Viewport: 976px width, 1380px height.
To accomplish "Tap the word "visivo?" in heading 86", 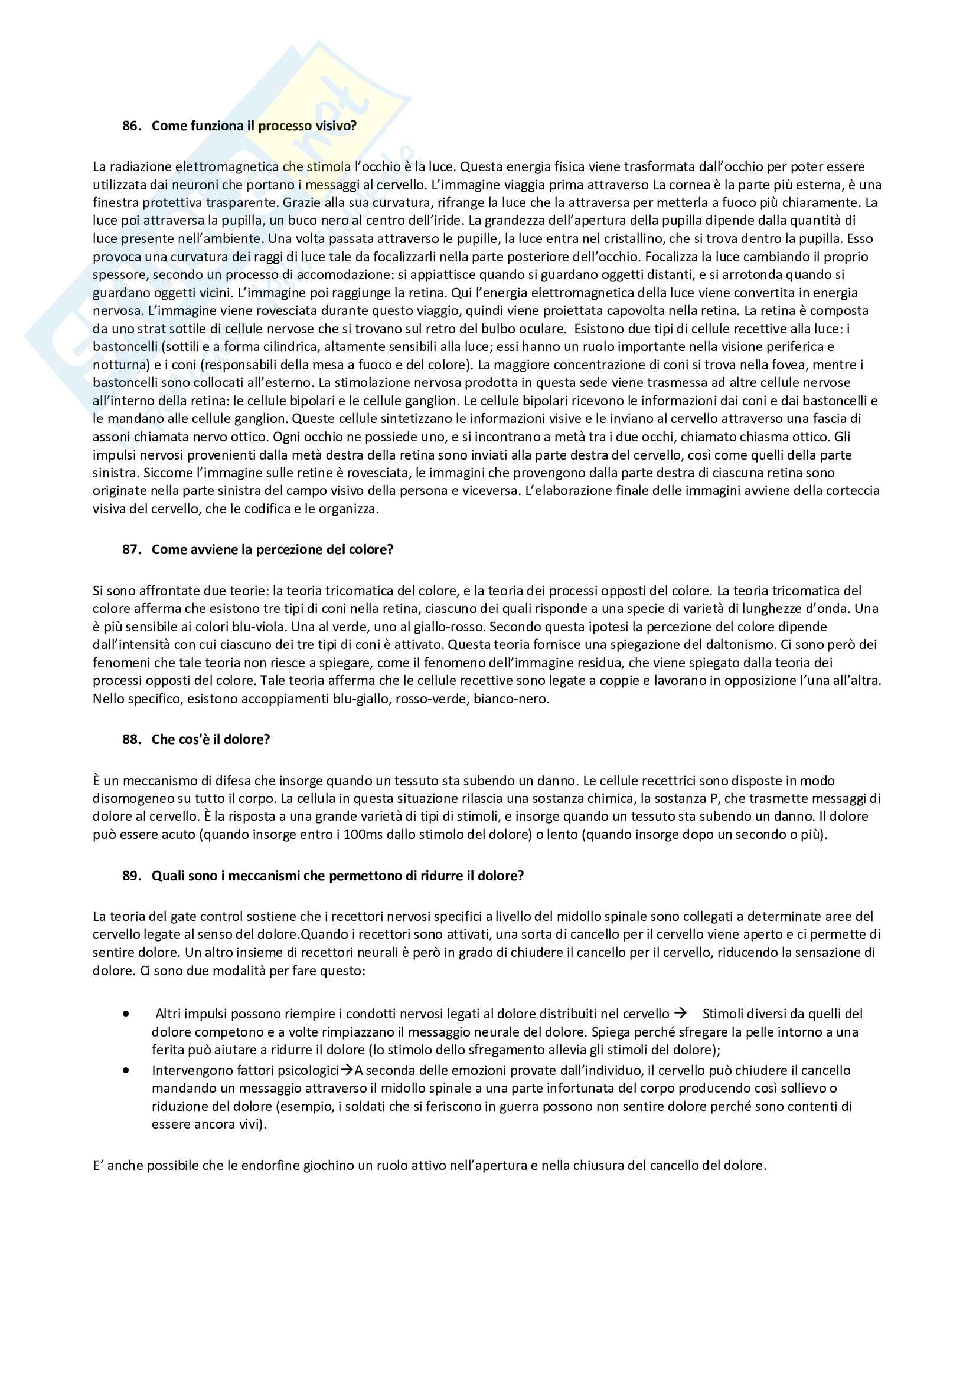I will (x=336, y=126).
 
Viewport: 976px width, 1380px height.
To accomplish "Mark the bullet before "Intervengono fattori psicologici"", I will (x=126, y=1070).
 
